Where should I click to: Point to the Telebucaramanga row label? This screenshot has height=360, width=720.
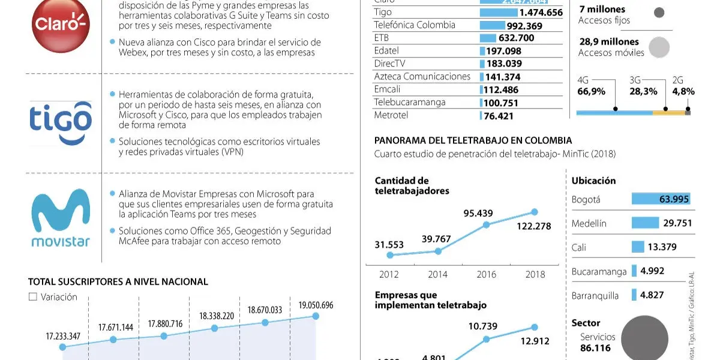coord(410,102)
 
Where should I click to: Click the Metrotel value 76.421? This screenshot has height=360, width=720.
coord(499,115)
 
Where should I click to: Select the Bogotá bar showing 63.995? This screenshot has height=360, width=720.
coord(661,199)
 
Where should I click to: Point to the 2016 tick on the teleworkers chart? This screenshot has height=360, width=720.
coord(486,274)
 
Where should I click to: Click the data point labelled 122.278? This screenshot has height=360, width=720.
coord(535,212)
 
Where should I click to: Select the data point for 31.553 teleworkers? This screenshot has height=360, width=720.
coord(390,255)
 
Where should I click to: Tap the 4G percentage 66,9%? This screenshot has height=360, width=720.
coord(591,92)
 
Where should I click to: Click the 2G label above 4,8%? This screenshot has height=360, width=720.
coord(677,80)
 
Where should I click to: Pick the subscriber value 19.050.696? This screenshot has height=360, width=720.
coord(316,305)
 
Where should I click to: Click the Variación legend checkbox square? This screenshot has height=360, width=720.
coord(33,296)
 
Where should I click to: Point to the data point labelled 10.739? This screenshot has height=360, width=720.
coord(486,339)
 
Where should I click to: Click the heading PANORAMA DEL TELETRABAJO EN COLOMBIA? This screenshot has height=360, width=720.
coord(473,140)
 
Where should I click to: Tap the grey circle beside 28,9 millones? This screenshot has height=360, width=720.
coord(659,47)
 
